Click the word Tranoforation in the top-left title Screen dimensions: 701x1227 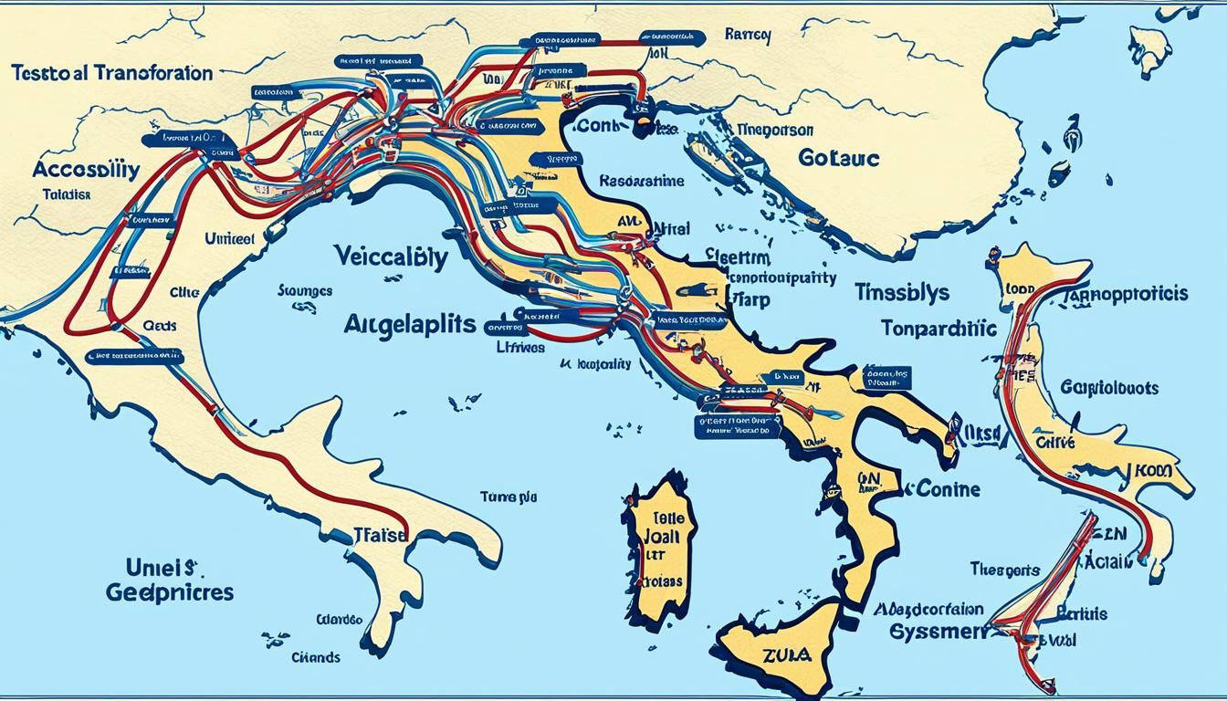(x=159, y=73)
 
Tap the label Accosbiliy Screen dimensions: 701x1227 (x=86, y=169)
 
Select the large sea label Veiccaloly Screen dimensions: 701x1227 (x=390, y=258)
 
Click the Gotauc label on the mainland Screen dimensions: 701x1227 (x=838, y=158)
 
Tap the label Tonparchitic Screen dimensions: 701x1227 (x=939, y=329)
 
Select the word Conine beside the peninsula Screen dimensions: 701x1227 (x=947, y=489)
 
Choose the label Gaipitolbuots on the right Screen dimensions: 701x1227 (x=1109, y=388)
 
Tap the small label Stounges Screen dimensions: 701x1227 (x=304, y=292)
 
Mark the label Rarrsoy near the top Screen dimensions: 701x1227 (x=748, y=36)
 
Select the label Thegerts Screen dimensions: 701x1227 (x=1003, y=570)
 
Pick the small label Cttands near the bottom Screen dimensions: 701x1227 (x=315, y=657)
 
